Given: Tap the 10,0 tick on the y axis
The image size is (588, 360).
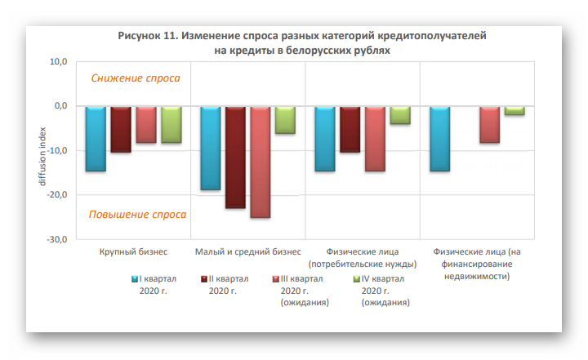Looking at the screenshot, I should click(x=56, y=61).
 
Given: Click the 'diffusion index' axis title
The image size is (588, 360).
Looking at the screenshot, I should click(x=42, y=151).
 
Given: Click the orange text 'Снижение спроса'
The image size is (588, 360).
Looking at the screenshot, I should click(x=136, y=78).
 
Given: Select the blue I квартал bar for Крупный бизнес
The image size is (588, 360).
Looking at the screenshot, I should click(x=96, y=139).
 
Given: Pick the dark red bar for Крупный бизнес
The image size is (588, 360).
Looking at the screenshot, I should click(x=121, y=129).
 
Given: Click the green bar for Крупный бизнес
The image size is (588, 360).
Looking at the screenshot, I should click(x=171, y=124).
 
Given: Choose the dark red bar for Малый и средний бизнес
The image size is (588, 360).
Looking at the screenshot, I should click(x=235, y=157).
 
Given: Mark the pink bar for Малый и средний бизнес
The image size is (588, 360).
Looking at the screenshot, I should click(x=261, y=162).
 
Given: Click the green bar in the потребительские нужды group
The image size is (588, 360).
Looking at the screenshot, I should click(x=400, y=115).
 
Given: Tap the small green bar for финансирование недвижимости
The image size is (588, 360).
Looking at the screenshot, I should click(x=514, y=110).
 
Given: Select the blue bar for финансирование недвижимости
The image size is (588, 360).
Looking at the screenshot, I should click(x=439, y=139).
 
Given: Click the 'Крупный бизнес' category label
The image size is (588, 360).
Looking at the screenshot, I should click(x=133, y=251).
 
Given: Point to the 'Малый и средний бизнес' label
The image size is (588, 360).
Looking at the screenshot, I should click(x=248, y=251).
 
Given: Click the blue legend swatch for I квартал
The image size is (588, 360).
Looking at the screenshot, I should click(x=136, y=279).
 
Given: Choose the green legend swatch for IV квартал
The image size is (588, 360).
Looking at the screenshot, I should click(x=357, y=279).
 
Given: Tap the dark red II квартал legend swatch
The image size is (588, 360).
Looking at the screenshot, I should click(x=204, y=279).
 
